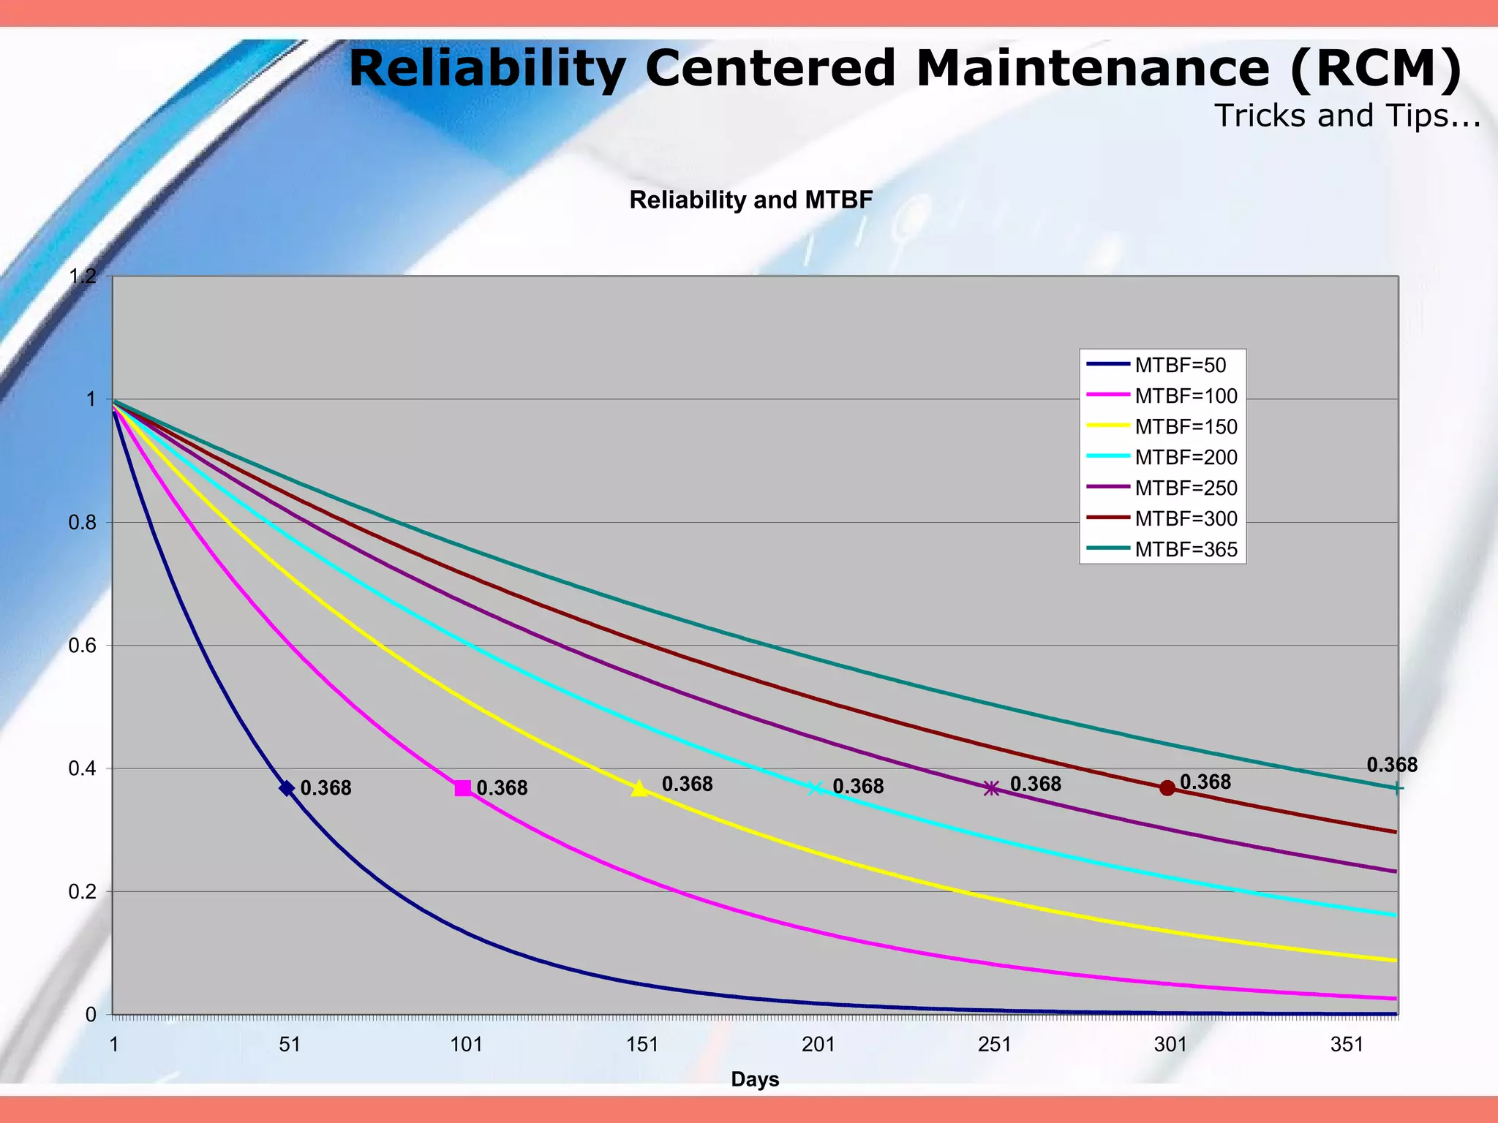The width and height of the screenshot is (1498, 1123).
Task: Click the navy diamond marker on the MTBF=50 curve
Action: (287, 788)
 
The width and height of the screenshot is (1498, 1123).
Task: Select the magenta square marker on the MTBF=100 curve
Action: (462, 788)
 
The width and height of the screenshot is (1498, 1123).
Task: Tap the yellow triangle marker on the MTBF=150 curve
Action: (639, 788)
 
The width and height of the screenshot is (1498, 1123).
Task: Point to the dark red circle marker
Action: (1167, 788)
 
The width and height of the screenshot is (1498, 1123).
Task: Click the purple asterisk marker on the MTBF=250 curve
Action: (991, 788)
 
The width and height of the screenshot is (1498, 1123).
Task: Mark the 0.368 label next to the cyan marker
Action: (858, 786)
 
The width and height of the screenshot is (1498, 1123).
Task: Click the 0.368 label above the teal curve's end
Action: (1391, 765)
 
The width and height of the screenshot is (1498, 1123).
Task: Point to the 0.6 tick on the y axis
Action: (82, 646)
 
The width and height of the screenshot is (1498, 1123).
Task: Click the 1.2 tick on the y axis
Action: (82, 276)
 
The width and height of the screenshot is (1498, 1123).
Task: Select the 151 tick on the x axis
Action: (642, 1044)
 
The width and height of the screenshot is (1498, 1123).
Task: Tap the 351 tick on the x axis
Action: (1347, 1044)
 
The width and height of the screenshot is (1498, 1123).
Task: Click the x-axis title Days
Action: (755, 1079)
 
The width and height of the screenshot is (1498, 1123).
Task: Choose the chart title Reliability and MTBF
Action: (750, 200)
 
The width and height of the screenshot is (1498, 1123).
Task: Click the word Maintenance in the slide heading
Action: (1093, 68)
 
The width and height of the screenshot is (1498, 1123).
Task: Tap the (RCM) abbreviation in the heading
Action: (1375, 68)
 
